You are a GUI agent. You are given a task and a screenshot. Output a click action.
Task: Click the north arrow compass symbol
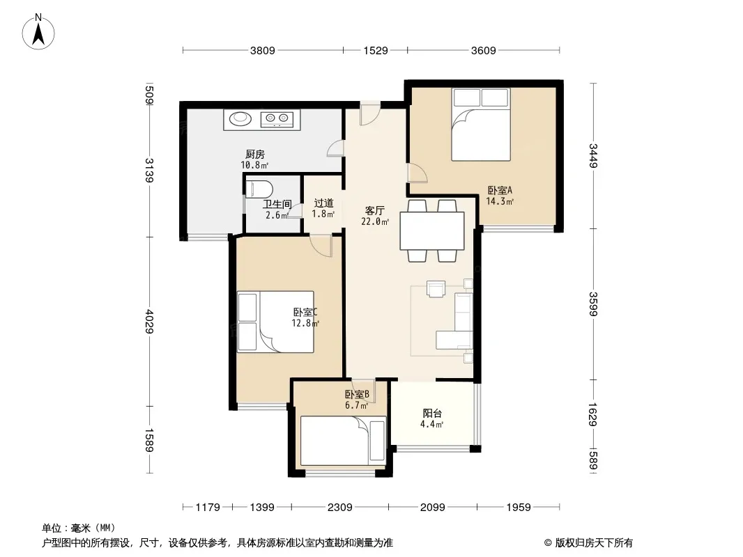(38, 32)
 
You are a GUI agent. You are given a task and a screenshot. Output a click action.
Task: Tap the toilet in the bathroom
(259, 189)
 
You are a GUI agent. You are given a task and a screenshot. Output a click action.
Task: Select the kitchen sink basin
(240, 118)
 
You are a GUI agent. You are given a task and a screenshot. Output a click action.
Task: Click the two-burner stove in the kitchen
(277, 118)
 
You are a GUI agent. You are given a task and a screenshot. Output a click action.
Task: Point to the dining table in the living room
(431, 230)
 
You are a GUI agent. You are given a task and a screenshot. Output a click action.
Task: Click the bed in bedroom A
(480, 125)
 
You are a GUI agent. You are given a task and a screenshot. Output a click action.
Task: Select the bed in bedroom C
(275, 322)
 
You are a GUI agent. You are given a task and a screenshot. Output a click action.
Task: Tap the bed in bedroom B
(343, 441)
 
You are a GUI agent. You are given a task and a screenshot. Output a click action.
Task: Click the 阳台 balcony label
(432, 413)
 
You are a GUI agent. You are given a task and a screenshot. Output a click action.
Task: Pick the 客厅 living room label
(374, 210)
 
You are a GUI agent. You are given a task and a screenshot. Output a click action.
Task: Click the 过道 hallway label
(323, 203)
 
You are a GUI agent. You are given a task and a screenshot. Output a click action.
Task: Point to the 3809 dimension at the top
(263, 50)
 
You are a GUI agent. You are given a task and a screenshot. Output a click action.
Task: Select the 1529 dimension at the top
(375, 50)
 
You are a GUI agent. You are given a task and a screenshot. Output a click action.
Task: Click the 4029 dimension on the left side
(150, 322)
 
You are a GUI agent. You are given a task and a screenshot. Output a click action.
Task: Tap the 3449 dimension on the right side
(593, 155)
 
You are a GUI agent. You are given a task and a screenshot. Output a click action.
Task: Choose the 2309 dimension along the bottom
(339, 508)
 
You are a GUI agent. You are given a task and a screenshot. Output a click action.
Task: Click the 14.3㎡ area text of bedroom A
(500, 201)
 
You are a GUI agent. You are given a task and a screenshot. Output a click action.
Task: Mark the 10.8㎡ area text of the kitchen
(254, 165)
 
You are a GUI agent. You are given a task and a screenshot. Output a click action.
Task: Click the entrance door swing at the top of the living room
(369, 114)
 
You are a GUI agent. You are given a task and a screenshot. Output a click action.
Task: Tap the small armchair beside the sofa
(436, 289)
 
